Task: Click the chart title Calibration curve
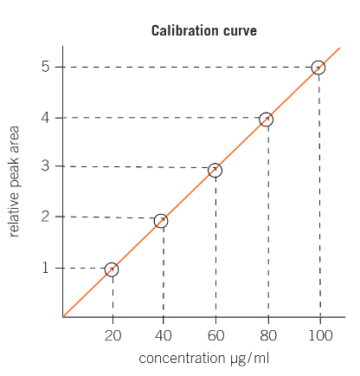[x=203, y=31]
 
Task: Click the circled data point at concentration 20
[x=111, y=269]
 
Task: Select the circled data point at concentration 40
[x=161, y=221]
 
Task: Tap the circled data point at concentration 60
[x=215, y=171]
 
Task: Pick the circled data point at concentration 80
[x=266, y=120]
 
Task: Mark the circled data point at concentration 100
[x=318, y=68]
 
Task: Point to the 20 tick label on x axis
[x=112, y=334]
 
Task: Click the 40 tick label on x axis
[x=164, y=334]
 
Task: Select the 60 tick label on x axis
[x=215, y=334]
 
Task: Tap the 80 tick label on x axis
[x=267, y=334]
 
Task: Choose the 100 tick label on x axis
[x=319, y=334]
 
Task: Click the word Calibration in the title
[x=184, y=31]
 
